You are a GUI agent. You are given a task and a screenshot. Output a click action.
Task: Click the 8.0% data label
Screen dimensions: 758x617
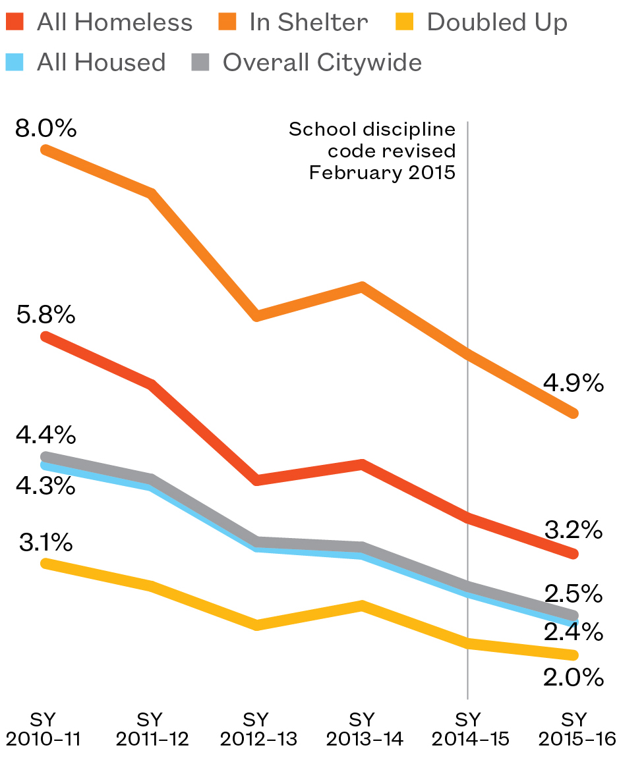tap(45, 128)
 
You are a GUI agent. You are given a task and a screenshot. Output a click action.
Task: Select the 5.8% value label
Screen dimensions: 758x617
tap(45, 315)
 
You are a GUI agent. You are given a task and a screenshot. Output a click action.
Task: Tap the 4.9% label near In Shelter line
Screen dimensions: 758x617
tap(573, 383)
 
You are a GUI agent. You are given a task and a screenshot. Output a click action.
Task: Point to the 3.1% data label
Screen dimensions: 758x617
tap(45, 543)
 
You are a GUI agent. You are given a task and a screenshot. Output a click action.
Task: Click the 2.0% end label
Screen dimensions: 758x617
tap(573, 677)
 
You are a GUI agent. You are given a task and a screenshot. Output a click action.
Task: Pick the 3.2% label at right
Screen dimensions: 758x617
tap(573, 529)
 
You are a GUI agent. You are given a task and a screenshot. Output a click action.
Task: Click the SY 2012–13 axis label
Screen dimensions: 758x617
tap(258, 728)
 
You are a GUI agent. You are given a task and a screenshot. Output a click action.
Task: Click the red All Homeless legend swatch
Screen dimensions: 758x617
tap(15, 23)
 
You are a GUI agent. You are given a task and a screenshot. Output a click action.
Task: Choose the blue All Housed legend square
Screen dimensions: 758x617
tap(15, 63)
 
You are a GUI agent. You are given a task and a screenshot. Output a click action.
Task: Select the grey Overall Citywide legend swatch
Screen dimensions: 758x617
tap(201, 63)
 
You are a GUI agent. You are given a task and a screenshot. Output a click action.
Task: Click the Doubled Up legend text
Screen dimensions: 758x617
tap(497, 23)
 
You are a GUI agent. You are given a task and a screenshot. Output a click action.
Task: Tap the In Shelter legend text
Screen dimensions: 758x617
tap(308, 23)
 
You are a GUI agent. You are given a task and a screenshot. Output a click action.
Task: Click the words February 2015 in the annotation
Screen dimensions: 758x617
tap(382, 173)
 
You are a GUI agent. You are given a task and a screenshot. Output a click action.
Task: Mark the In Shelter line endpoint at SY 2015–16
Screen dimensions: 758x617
tap(573, 414)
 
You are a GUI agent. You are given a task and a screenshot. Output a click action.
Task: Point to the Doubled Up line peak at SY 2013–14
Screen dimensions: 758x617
tap(362, 605)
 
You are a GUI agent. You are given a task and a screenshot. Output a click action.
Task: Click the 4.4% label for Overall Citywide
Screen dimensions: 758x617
tap(45, 435)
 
